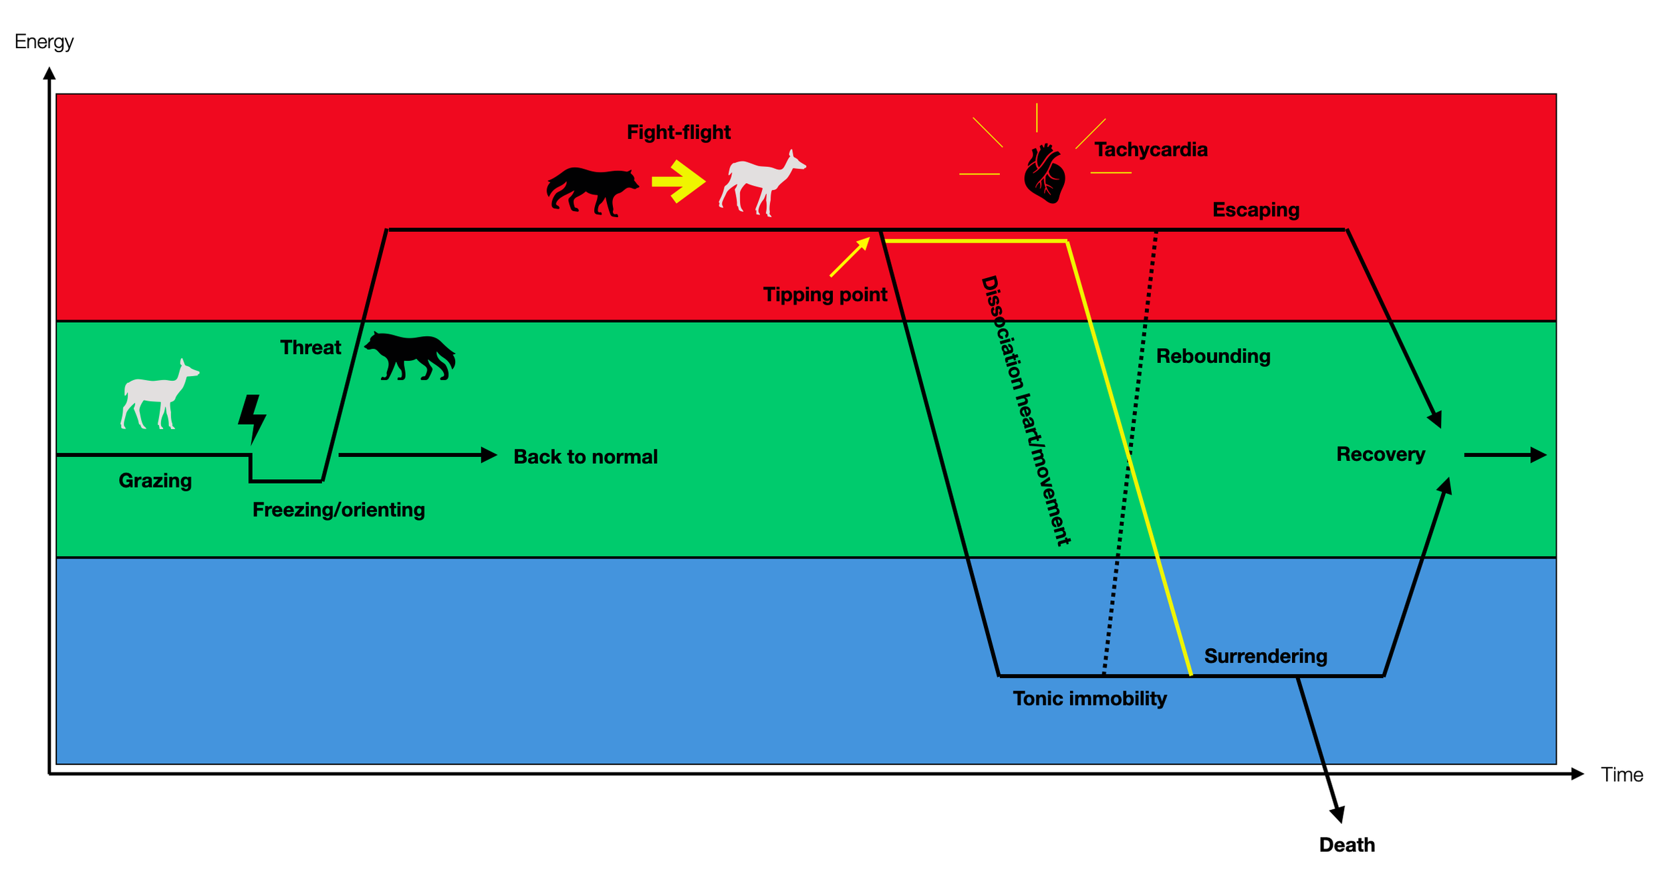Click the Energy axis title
[x=44, y=41]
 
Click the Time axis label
[x=1622, y=774]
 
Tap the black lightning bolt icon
[x=252, y=418]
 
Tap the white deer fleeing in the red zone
[x=762, y=183]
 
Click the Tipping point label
[x=825, y=295]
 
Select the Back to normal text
[x=586, y=457]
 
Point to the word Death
[x=1347, y=845]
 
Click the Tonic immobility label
[x=1089, y=699]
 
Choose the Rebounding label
[x=1213, y=356]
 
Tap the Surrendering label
[x=1265, y=656]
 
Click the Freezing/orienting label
[x=338, y=510]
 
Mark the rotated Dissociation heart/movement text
[x=1025, y=410]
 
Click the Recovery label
[x=1380, y=454]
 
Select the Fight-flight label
[x=678, y=132]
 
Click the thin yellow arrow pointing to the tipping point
[x=850, y=257]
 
